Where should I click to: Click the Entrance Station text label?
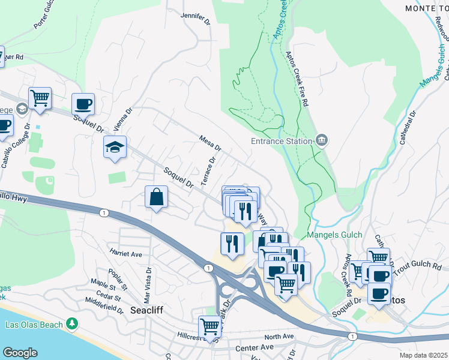click(x=281, y=141)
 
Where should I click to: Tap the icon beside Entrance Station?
click(x=321, y=141)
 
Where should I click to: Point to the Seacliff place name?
click(x=148, y=310)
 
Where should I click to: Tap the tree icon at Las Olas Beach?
click(x=72, y=324)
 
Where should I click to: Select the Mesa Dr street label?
click(x=210, y=143)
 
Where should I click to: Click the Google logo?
click(x=20, y=353)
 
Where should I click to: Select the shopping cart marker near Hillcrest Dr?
click(x=209, y=326)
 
